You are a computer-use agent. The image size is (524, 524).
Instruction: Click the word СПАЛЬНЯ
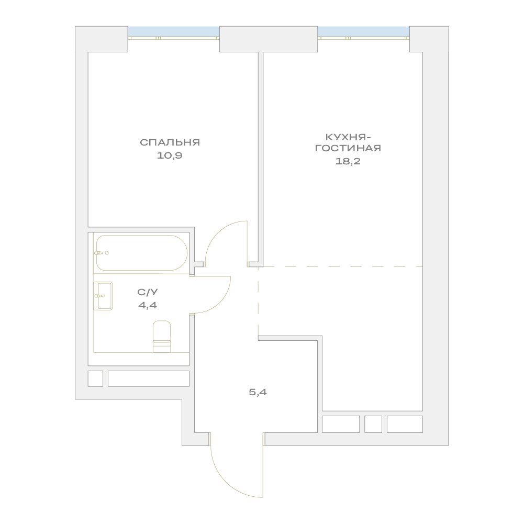coord(170,142)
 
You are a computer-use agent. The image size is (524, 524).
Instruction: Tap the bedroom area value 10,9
coord(170,155)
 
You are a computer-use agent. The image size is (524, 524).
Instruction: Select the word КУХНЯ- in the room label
coord(348,137)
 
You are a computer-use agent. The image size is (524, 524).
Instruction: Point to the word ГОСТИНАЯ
coord(348,148)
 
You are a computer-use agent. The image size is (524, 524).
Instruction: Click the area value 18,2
coord(348,161)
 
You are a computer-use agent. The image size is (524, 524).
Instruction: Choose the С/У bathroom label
coord(148,292)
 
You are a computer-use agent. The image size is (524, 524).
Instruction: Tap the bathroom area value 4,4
coord(148,305)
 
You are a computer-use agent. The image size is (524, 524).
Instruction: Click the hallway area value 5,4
coord(258,392)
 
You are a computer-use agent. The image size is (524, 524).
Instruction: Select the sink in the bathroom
coord(103,296)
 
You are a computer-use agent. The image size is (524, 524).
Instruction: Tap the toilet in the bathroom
coord(162,337)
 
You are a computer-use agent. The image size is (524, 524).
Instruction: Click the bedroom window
coord(174,33)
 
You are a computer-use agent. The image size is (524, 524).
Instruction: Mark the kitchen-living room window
coord(364,33)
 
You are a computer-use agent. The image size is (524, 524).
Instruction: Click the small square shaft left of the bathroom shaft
coord(95,378)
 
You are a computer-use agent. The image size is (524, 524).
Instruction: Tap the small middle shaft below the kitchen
coord(373,424)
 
